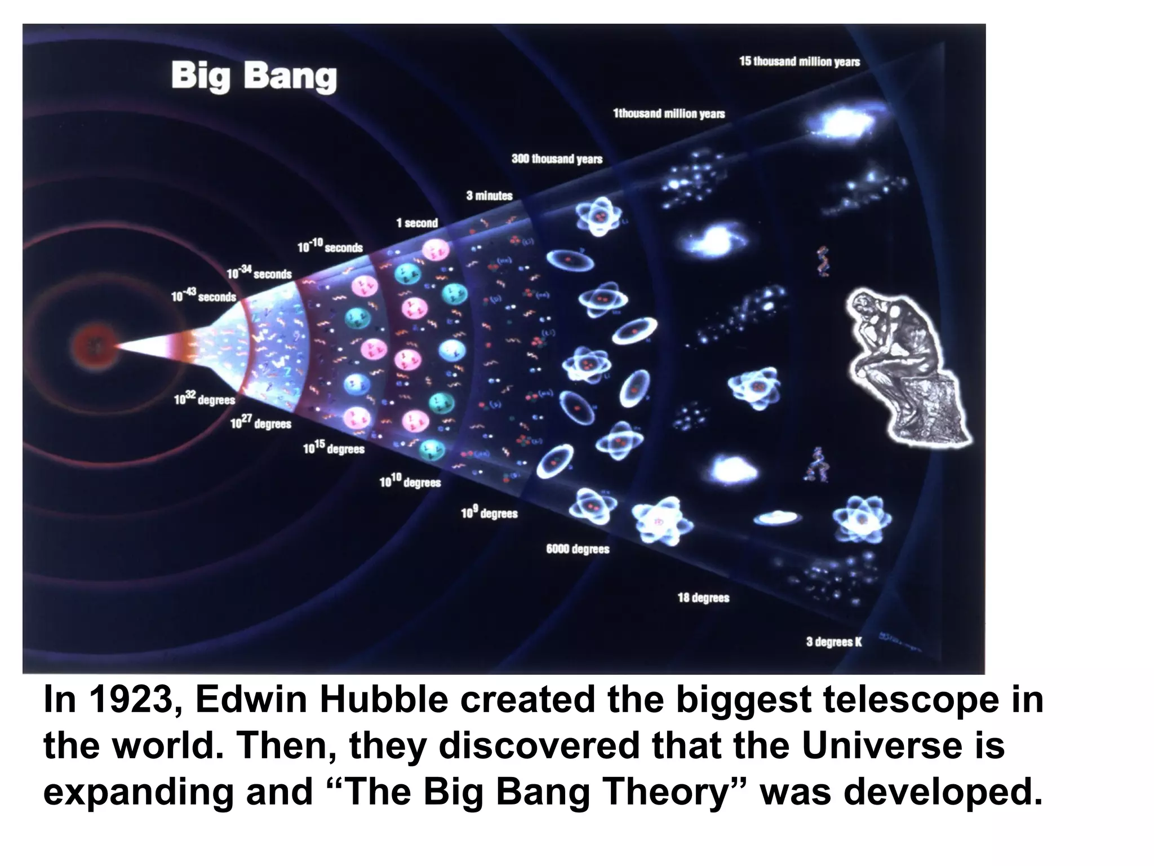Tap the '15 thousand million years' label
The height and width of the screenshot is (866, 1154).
point(800,61)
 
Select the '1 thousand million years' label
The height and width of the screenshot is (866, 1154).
point(669,114)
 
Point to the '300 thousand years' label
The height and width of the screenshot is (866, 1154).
point(557,159)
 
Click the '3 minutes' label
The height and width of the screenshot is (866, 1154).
point(489,196)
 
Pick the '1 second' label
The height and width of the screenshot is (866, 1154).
point(417,223)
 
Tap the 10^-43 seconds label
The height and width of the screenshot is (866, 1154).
point(203,296)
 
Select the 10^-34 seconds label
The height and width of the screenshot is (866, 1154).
point(259,273)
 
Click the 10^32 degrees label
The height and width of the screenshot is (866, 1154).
point(204,399)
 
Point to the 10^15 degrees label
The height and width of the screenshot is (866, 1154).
point(334,448)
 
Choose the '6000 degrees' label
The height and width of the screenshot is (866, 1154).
point(578,549)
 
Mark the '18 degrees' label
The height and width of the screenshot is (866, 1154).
point(703,598)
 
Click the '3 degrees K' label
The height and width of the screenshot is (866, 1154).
point(834,642)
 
